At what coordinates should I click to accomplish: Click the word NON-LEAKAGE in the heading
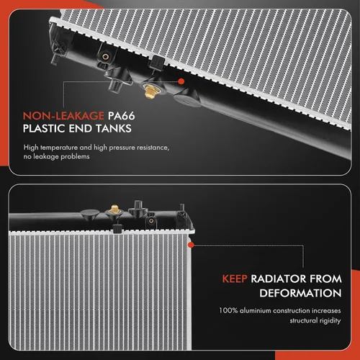63,116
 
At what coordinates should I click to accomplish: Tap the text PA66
121,116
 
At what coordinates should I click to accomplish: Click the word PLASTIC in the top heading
44,128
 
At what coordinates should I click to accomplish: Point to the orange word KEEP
235,279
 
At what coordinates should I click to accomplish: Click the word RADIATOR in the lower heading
279,279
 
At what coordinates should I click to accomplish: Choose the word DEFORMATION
300,293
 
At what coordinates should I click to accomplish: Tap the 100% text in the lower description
228,310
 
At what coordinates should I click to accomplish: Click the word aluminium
256,310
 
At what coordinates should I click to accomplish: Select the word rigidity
330,321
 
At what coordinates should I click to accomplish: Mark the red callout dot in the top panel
181,81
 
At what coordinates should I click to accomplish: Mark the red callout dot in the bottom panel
192,245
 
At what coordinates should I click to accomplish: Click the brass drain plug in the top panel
150,92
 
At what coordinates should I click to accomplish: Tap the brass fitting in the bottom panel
114,210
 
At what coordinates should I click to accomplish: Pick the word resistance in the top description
153,148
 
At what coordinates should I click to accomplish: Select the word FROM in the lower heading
325,279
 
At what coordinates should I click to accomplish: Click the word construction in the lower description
292,310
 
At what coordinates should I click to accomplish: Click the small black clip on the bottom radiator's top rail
117,229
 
